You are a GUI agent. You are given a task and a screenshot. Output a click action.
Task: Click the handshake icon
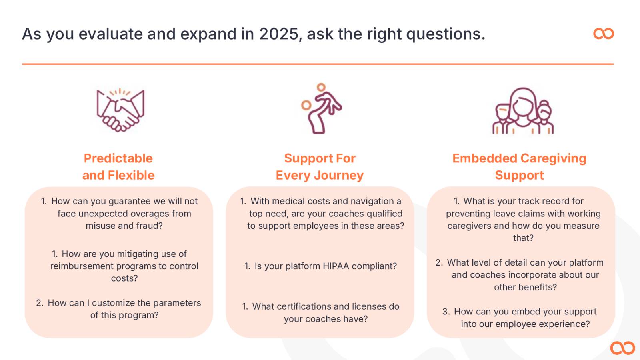point(120,110)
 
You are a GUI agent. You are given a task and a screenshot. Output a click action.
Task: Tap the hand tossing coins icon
point(322,108)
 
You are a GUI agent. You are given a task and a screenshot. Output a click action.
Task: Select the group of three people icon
point(523,111)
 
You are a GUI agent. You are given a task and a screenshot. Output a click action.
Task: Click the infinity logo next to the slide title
point(604,34)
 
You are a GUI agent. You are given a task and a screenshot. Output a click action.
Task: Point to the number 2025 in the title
point(278,34)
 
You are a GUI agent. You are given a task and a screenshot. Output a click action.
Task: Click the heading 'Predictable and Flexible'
point(118,166)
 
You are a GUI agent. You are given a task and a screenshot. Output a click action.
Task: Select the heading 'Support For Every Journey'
point(320,166)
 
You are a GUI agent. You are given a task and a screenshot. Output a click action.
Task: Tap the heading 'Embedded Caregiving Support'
point(519,166)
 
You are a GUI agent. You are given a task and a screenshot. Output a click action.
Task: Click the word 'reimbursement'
point(82,266)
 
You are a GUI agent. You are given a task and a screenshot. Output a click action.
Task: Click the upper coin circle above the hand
point(321,87)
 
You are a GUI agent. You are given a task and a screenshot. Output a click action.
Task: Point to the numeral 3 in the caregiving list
point(445,312)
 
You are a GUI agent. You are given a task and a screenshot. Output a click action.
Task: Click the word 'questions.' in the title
point(446,34)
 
